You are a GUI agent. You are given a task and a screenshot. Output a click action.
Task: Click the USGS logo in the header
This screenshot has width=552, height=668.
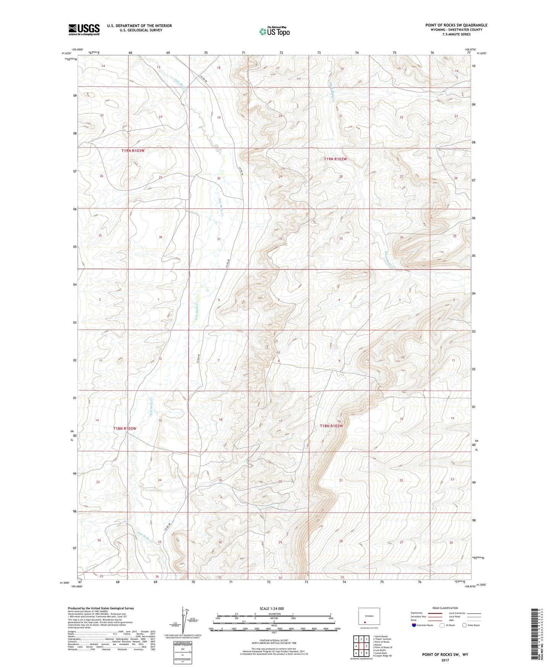84,29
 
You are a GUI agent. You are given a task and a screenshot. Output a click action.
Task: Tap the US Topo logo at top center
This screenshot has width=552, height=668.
274,31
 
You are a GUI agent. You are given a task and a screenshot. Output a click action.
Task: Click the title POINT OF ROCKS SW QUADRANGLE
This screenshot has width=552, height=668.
456,25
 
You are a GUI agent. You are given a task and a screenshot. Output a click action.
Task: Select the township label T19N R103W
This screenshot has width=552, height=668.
133,151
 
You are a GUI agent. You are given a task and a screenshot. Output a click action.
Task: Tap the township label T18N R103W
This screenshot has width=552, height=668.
125,428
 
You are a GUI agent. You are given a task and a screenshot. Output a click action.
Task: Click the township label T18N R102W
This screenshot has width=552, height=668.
331,426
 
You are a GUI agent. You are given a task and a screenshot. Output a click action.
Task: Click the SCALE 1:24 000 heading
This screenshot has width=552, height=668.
272,608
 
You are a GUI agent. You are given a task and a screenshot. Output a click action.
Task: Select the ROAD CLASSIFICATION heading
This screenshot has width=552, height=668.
445,608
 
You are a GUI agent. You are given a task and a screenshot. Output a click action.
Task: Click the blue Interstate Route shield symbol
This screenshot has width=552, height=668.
414,625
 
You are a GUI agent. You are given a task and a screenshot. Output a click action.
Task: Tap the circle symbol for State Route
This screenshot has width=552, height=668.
464,625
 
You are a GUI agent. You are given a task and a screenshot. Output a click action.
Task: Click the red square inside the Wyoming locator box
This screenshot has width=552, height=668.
364,622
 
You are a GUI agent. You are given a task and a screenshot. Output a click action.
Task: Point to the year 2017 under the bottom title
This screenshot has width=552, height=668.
445,660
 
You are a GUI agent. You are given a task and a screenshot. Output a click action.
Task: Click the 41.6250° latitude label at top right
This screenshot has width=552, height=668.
481,54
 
